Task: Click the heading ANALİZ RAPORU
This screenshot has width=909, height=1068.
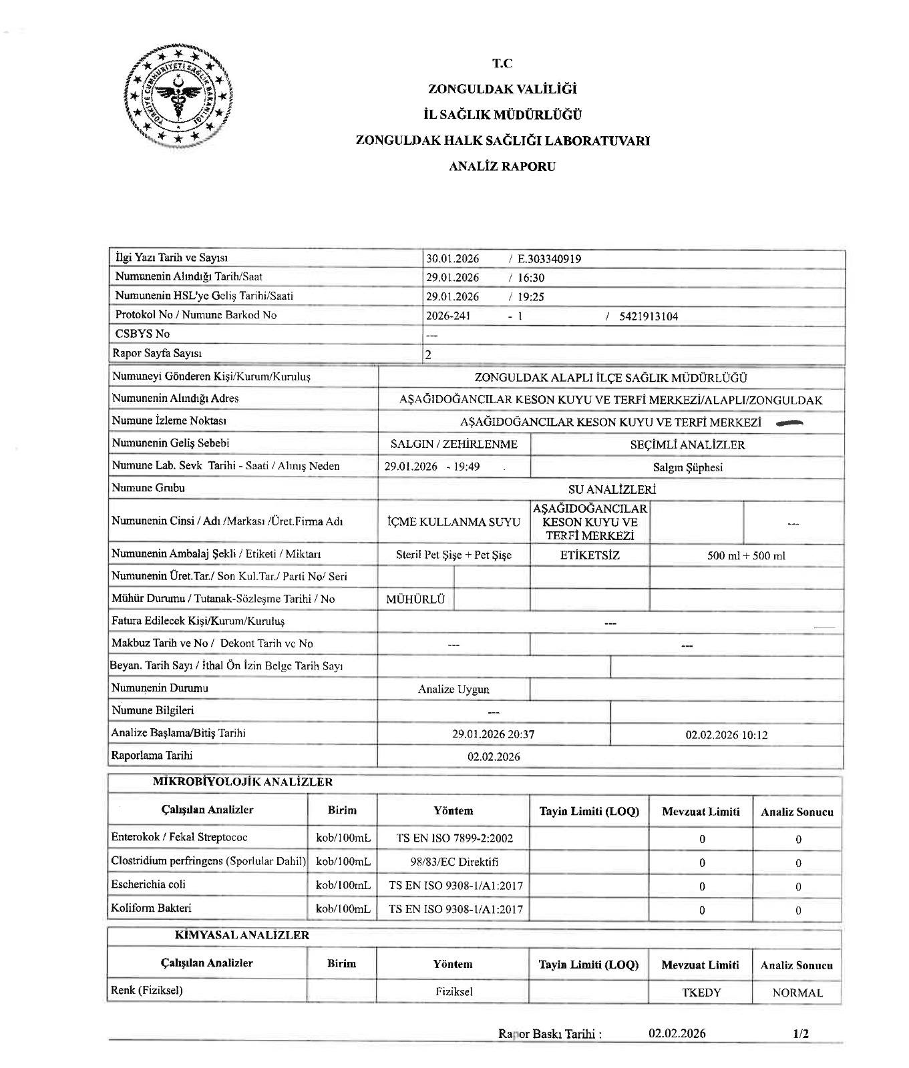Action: coord(502,167)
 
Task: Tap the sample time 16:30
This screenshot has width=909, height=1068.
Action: coord(531,278)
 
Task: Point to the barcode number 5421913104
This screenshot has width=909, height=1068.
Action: coord(648,316)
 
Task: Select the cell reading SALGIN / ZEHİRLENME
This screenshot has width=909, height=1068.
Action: coord(453,445)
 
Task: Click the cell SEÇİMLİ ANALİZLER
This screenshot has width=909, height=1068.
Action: coord(687,445)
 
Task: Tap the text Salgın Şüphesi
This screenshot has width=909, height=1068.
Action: coord(687,467)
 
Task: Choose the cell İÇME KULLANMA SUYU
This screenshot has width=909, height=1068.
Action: coord(453,522)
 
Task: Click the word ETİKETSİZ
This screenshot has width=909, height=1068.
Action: coord(590,555)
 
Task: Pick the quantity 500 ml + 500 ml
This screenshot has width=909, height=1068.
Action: coord(746,555)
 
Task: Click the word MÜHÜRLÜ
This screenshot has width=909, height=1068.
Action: coord(415,599)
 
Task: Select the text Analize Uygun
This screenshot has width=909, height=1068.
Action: coord(453,689)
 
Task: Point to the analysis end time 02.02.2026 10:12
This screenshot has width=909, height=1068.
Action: coord(726,735)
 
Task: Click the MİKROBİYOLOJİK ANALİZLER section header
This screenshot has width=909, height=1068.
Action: coord(242,782)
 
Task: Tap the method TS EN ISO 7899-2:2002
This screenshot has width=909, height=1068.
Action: coord(454,838)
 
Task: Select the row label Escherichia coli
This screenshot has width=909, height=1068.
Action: coord(148,884)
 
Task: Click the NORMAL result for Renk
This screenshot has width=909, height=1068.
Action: coord(797,993)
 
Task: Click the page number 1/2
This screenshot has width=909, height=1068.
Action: coord(801,1034)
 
